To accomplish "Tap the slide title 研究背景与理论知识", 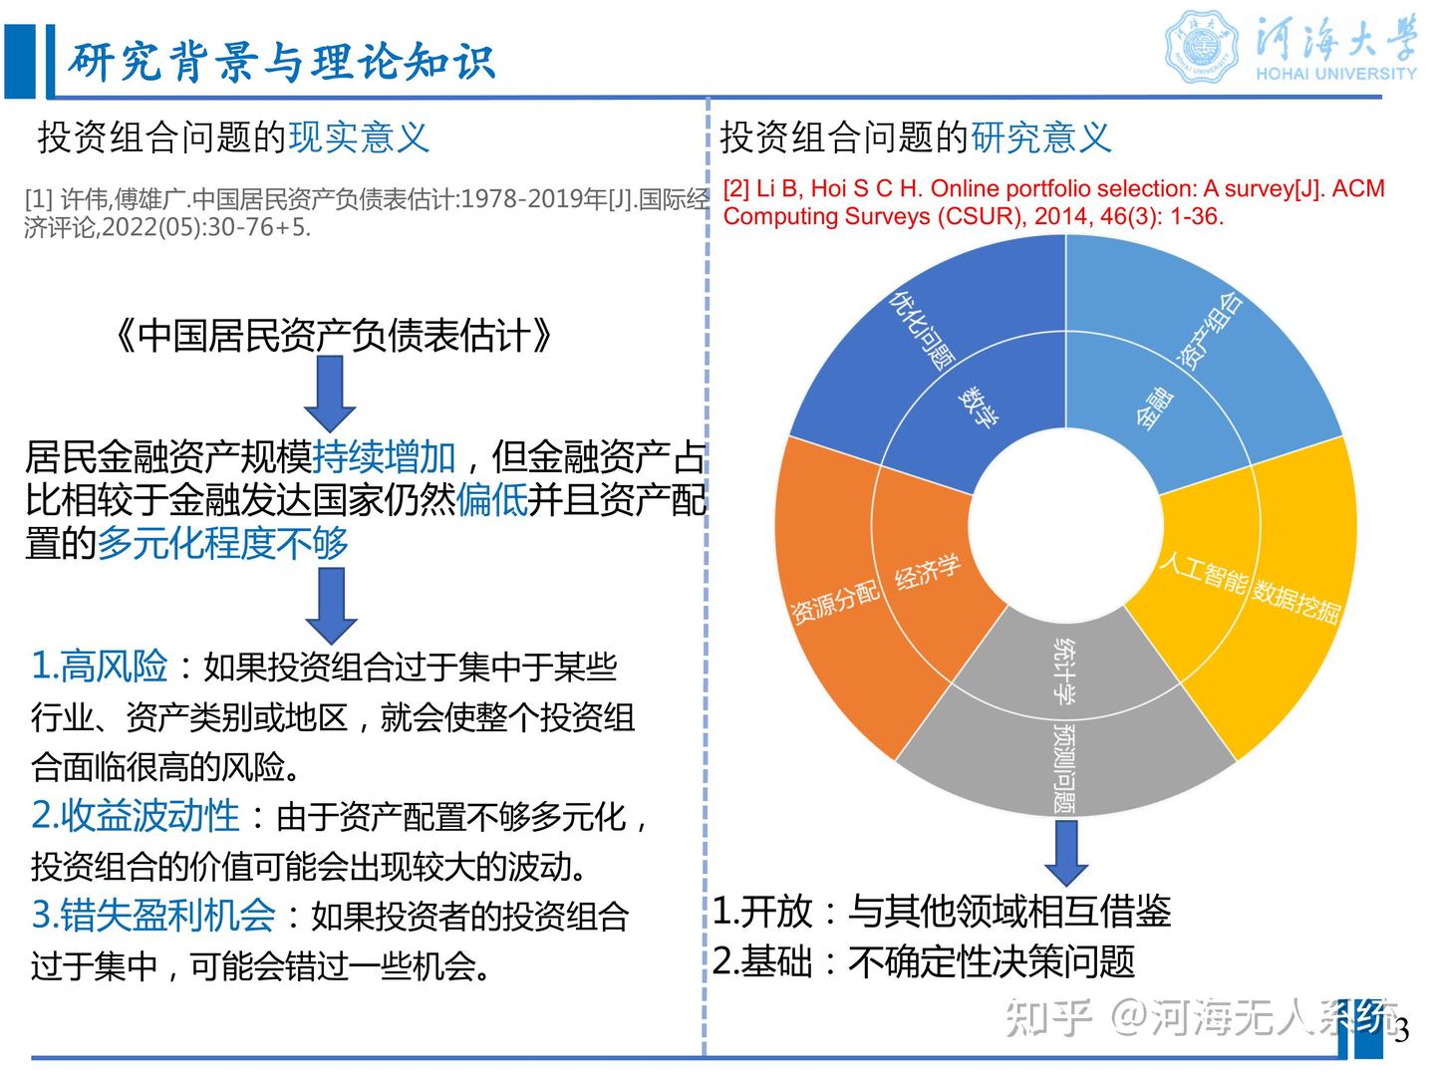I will pos(281,62).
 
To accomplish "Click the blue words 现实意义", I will pos(359,137).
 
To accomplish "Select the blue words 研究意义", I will pos(1040,137).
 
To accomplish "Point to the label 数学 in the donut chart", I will pos(978,405).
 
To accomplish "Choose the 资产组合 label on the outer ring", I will pos(1211,330).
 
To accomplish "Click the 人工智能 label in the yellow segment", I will pos(1202,572).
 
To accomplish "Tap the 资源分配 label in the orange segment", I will pos(835,602).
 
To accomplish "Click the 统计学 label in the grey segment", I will pos(1064,670).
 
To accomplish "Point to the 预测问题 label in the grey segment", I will pos(1064,767).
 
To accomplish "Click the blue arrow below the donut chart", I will pos(1065,852).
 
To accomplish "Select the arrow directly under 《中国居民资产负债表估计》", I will pos(330,394).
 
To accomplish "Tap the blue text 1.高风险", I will pos(100,666).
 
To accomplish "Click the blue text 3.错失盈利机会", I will pos(153,915).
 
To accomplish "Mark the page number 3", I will pos(1402,1031).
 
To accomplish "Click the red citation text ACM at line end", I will pos(1358,188).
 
